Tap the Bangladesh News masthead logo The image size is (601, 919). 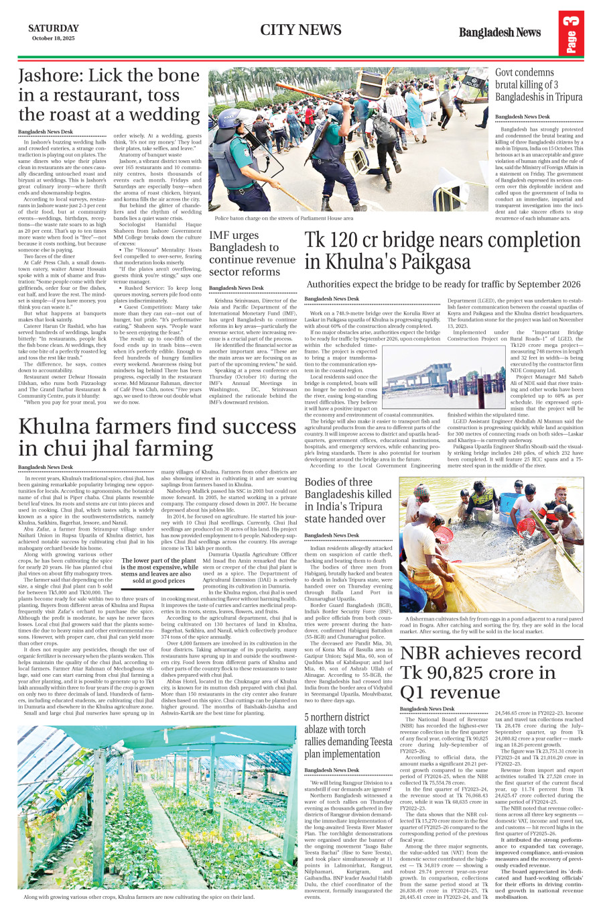[x=499, y=32]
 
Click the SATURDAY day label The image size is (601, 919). [x=53, y=28]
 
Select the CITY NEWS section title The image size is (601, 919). [x=301, y=30]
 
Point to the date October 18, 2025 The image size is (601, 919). [x=53, y=38]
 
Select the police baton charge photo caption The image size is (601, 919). [x=284, y=218]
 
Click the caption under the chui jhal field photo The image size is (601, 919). [x=139, y=896]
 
